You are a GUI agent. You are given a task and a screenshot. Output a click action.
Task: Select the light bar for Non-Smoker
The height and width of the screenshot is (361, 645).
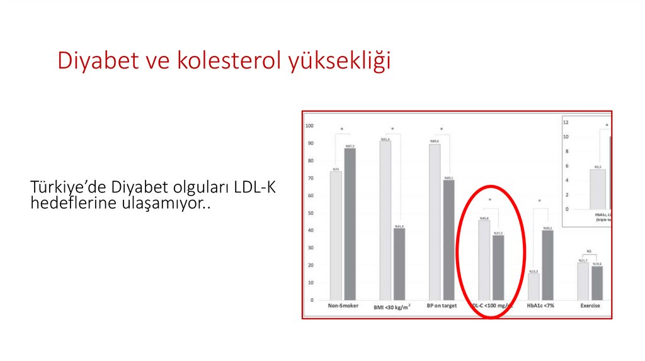pyautogui.click(x=336, y=236)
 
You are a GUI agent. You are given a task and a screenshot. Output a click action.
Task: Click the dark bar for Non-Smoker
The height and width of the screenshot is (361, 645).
pyautogui.click(x=350, y=224)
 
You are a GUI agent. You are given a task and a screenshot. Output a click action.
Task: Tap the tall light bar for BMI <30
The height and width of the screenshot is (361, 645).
pyautogui.click(x=385, y=220)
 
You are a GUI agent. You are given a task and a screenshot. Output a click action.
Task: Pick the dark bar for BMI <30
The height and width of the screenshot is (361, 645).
pyautogui.click(x=399, y=264)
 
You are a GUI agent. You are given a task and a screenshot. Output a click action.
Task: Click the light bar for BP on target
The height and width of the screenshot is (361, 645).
pyautogui.click(x=435, y=222)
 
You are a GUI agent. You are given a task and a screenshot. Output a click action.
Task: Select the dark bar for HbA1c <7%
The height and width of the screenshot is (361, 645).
pyautogui.click(x=547, y=265)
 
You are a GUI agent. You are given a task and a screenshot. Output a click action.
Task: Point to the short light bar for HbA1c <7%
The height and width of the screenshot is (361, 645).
pyautogui.click(x=534, y=287)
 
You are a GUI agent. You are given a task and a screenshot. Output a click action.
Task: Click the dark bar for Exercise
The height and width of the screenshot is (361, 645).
pyautogui.click(x=596, y=283)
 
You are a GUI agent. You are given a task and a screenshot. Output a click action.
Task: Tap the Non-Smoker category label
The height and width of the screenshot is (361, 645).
pyautogui.click(x=343, y=306)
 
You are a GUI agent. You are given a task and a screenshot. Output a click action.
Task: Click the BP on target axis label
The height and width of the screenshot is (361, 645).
pyautogui.click(x=442, y=306)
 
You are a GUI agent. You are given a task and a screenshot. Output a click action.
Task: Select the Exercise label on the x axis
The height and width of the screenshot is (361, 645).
pyautogui.click(x=590, y=306)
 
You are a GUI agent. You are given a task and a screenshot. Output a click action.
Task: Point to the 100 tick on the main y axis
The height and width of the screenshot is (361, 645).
pyautogui.click(x=309, y=126)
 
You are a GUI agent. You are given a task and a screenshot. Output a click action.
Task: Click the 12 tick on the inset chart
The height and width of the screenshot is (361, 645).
pyautogui.click(x=566, y=122)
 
